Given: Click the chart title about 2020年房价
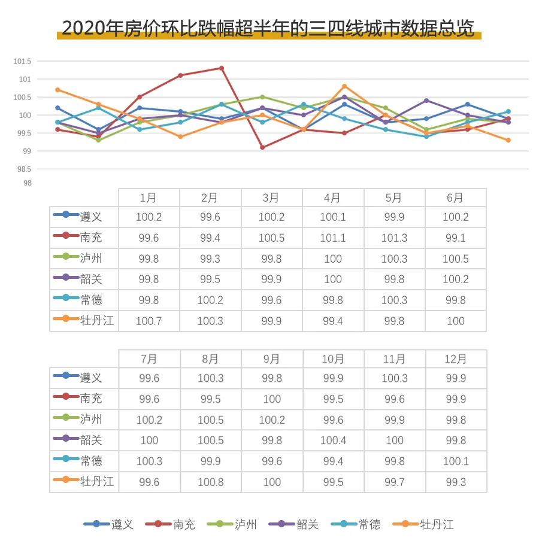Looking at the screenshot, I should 268,28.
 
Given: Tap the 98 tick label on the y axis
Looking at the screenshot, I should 26,183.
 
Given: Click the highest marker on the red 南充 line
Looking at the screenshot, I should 222,68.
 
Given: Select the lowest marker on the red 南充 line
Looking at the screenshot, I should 262,147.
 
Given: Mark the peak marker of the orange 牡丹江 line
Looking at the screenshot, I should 344,86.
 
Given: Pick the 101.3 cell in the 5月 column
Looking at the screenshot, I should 394,238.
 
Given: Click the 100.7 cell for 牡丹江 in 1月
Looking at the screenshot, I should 149,321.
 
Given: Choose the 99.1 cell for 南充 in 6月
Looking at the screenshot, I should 455,238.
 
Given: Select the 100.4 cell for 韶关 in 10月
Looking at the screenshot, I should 332,440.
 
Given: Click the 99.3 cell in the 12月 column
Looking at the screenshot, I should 455,482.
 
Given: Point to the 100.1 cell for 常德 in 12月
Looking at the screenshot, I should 455,461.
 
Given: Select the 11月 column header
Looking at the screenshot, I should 394,359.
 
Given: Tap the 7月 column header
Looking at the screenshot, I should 149,359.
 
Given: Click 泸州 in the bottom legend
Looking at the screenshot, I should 245,525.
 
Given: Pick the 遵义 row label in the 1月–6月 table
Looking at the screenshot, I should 90,217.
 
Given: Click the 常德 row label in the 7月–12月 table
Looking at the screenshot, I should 90,461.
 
